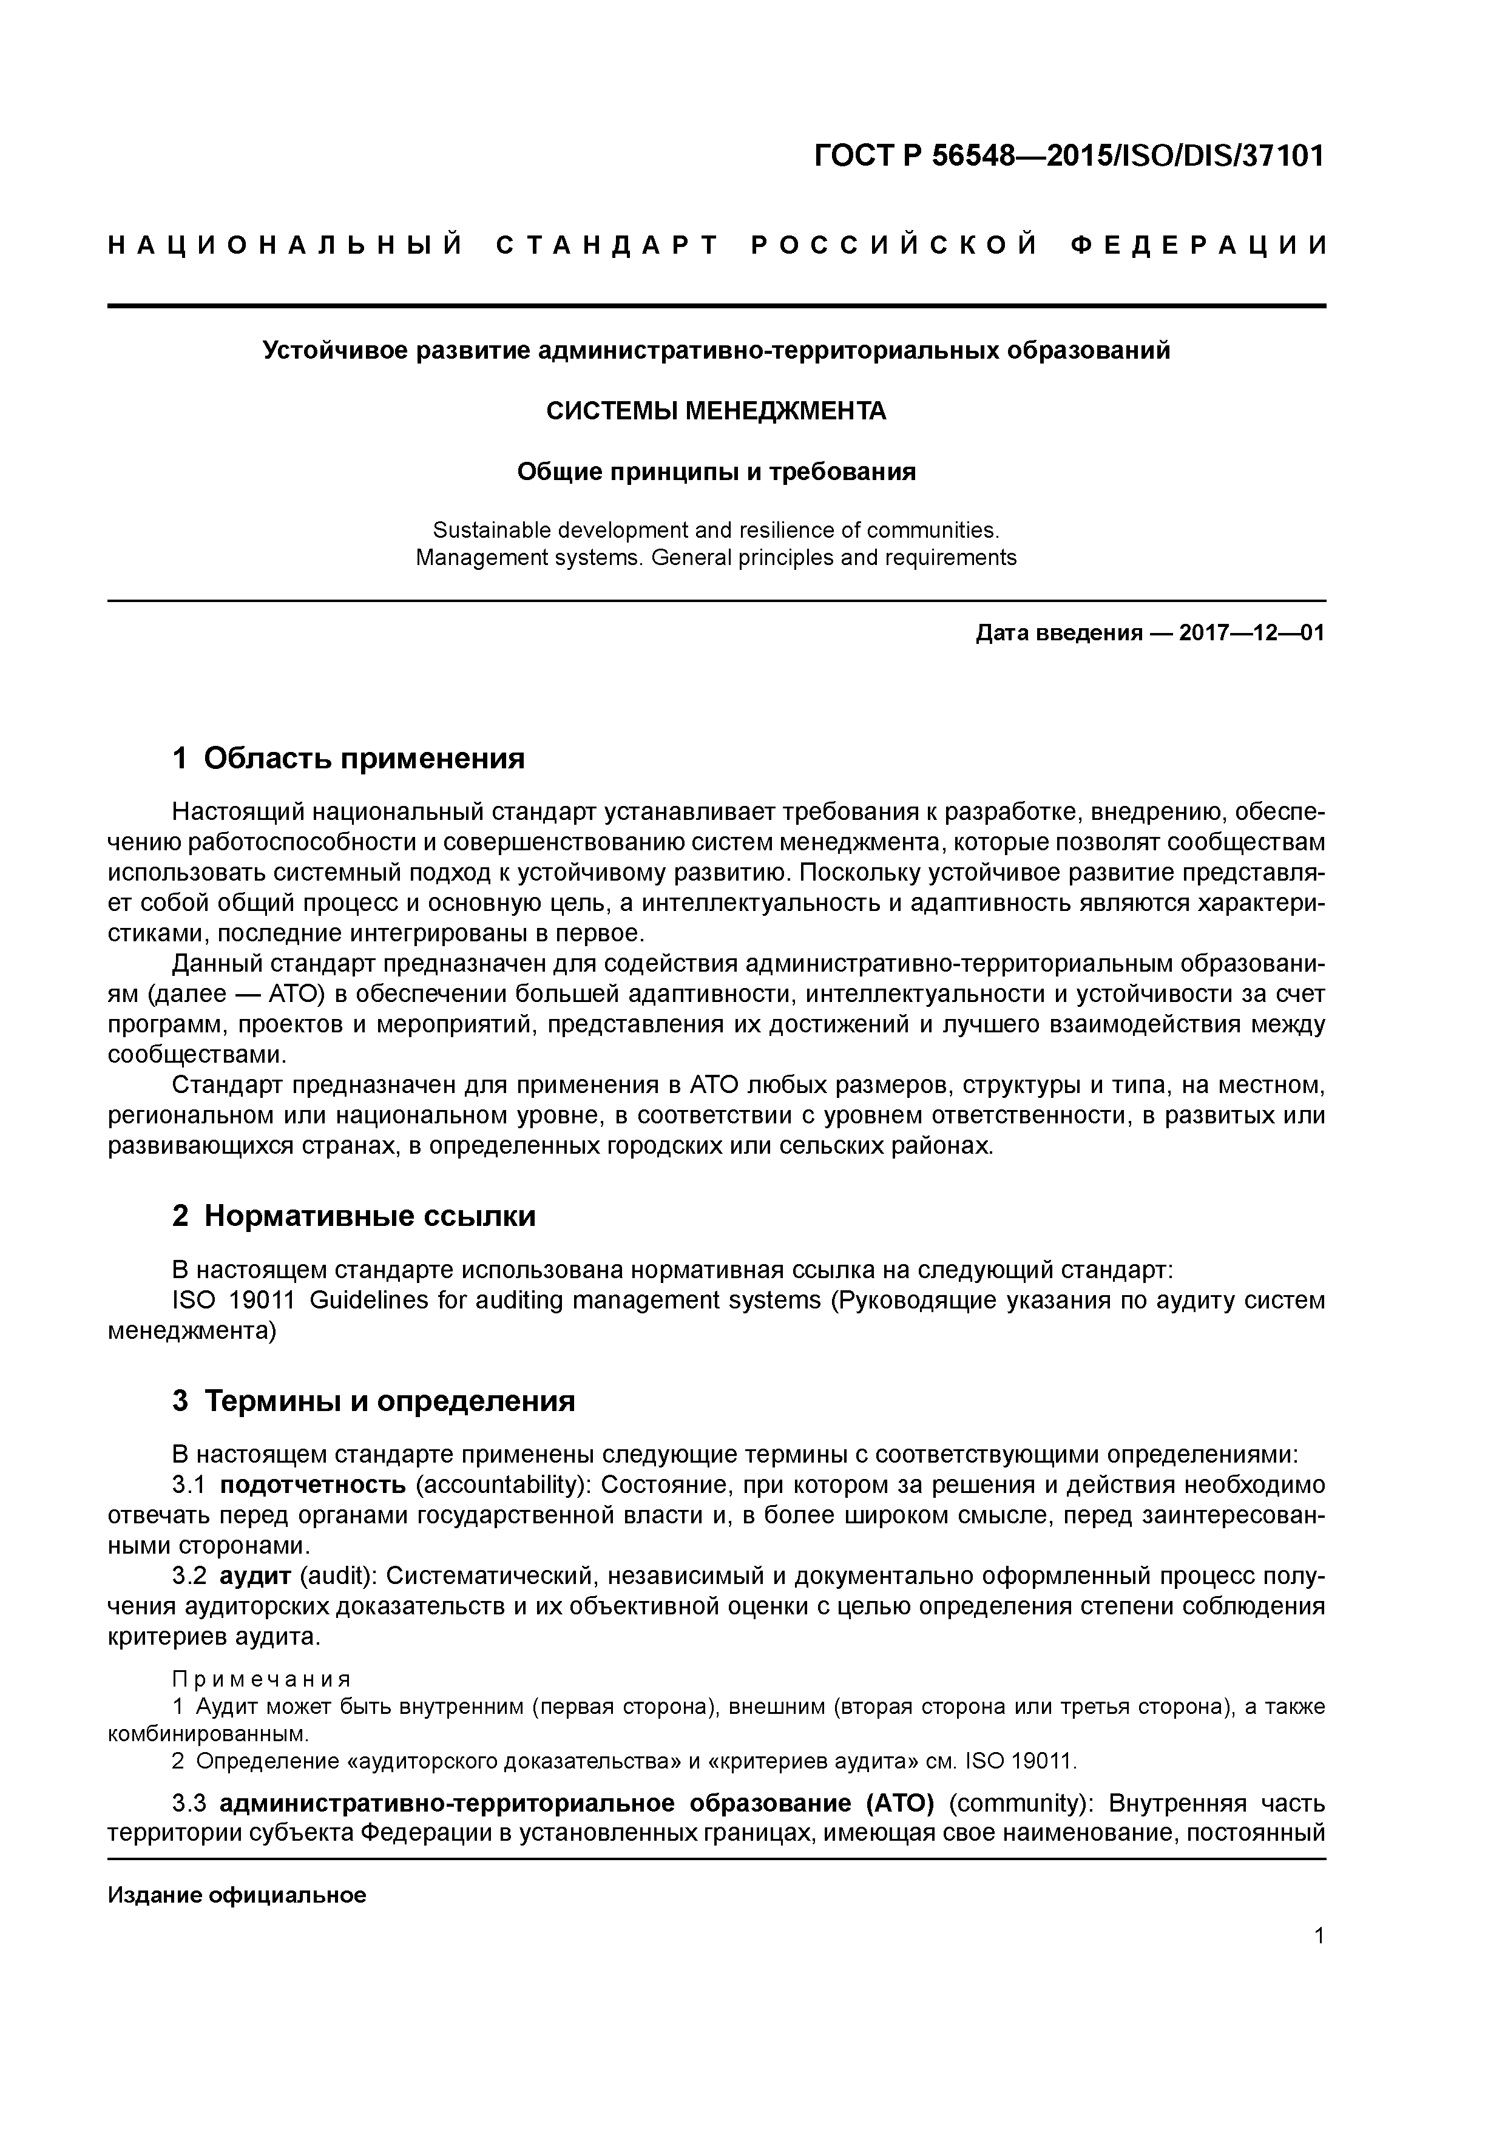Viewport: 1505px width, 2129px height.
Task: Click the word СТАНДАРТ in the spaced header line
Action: [x=607, y=246]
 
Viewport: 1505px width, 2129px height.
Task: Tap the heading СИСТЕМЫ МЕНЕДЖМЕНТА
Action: [x=716, y=411]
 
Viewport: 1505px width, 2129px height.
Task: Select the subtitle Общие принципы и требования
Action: [x=716, y=472]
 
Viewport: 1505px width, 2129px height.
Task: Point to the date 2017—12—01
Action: [x=1252, y=634]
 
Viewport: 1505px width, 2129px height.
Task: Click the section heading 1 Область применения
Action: [x=349, y=759]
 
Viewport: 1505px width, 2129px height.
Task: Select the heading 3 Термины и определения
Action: [x=374, y=1400]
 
